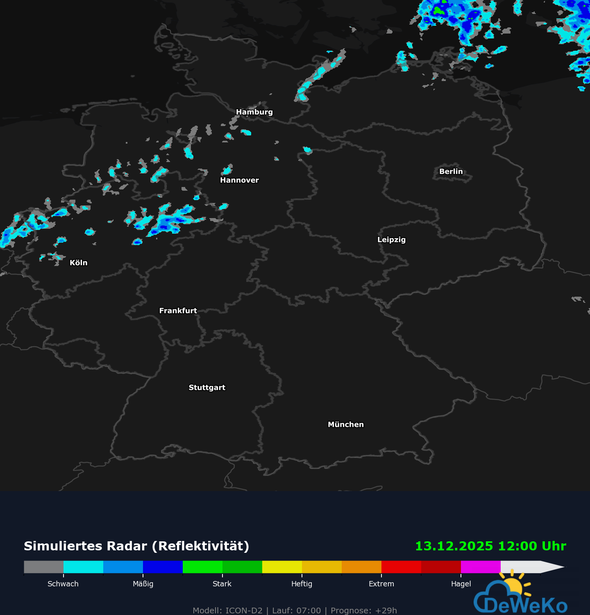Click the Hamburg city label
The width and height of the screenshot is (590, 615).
click(x=254, y=112)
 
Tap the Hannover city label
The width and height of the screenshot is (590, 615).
click(x=239, y=180)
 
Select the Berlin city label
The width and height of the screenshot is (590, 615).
click(x=451, y=171)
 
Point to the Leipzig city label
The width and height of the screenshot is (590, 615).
click(x=391, y=239)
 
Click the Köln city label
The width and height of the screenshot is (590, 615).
click(x=78, y=263)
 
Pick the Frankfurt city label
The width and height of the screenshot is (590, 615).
click(x=178, y=311)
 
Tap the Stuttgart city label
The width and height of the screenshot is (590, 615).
click(x=207, y=387)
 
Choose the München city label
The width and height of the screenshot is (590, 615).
click(x=345, y=424)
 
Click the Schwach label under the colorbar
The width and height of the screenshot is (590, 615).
click(x=63, y=584)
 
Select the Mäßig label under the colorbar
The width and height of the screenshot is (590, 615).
click(x=143, y=584)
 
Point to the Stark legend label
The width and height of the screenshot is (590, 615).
click(x=222, y=584)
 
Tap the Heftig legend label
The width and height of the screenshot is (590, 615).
click(x=302, y=584)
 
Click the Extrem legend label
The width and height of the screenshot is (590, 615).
click(x=381, y=584)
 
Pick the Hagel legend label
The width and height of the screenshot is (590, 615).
click(x=461, y=584)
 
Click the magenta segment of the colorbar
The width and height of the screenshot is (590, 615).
click(x=481, y=567)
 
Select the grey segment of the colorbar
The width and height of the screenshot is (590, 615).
click(x=43, y=567)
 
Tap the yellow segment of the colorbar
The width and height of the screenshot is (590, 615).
click(x=282, y=567)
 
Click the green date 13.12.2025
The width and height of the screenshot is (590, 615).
click(x=454, y=546)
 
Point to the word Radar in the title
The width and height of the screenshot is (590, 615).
click(x=127, y=546)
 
